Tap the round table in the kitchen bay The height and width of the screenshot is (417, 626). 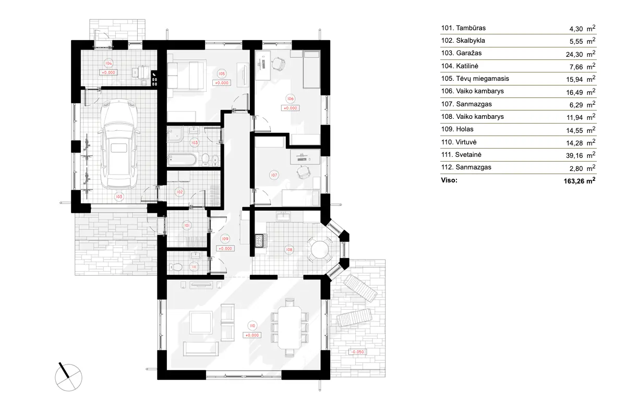pos(319,249)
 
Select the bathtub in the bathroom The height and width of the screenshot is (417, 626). pos(183,159)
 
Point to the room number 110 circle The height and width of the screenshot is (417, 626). pos(252,326)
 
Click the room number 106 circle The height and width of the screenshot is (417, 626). pos(290,98)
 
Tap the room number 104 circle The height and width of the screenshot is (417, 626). pos(109,63)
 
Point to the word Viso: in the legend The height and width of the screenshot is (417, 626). pos(449,180)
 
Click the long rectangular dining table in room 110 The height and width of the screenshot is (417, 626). pos(289,327)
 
